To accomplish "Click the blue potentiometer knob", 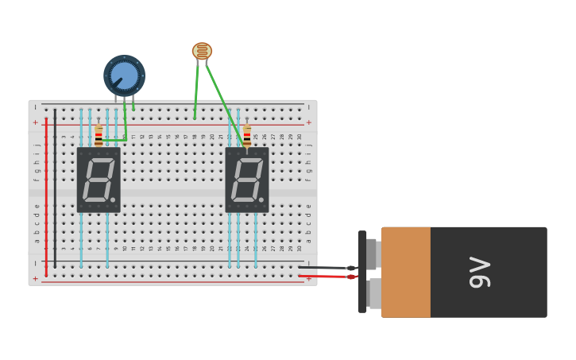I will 124,75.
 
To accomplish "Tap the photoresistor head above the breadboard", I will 202,52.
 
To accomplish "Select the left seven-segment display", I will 99,180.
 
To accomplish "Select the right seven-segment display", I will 247,180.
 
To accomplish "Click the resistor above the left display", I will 99,135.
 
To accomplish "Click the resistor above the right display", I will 247,135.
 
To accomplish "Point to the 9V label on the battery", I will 480,273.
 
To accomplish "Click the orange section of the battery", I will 405,273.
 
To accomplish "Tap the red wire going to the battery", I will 326,276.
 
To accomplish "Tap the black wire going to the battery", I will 326,268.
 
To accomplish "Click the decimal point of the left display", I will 113,199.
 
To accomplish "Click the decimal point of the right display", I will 261,199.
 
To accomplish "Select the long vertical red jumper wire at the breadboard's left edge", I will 46,199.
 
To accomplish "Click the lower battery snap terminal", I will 373,293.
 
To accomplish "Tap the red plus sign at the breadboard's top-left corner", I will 35,122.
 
